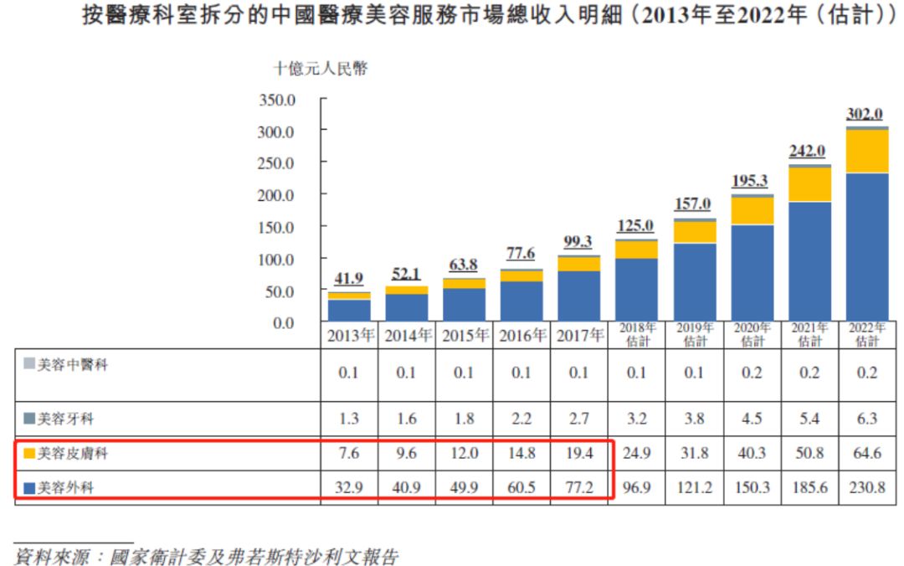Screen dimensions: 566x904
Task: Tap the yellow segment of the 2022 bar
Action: coord(867,152)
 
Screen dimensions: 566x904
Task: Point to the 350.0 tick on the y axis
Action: coord(280,100)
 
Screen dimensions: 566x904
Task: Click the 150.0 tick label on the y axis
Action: coord(280,227)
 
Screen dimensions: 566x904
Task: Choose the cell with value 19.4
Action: coord(578,455)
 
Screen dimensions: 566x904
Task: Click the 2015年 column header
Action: coord(463,337)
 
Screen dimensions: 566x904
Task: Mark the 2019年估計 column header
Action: coord(694,335)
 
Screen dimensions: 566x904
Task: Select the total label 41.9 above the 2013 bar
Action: coord(348,280)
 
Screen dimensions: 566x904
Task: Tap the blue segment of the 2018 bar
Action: coord(636,290)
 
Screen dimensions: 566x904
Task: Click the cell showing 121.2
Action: coord(694,486)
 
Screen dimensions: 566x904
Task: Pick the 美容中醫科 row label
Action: coord(72,365)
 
